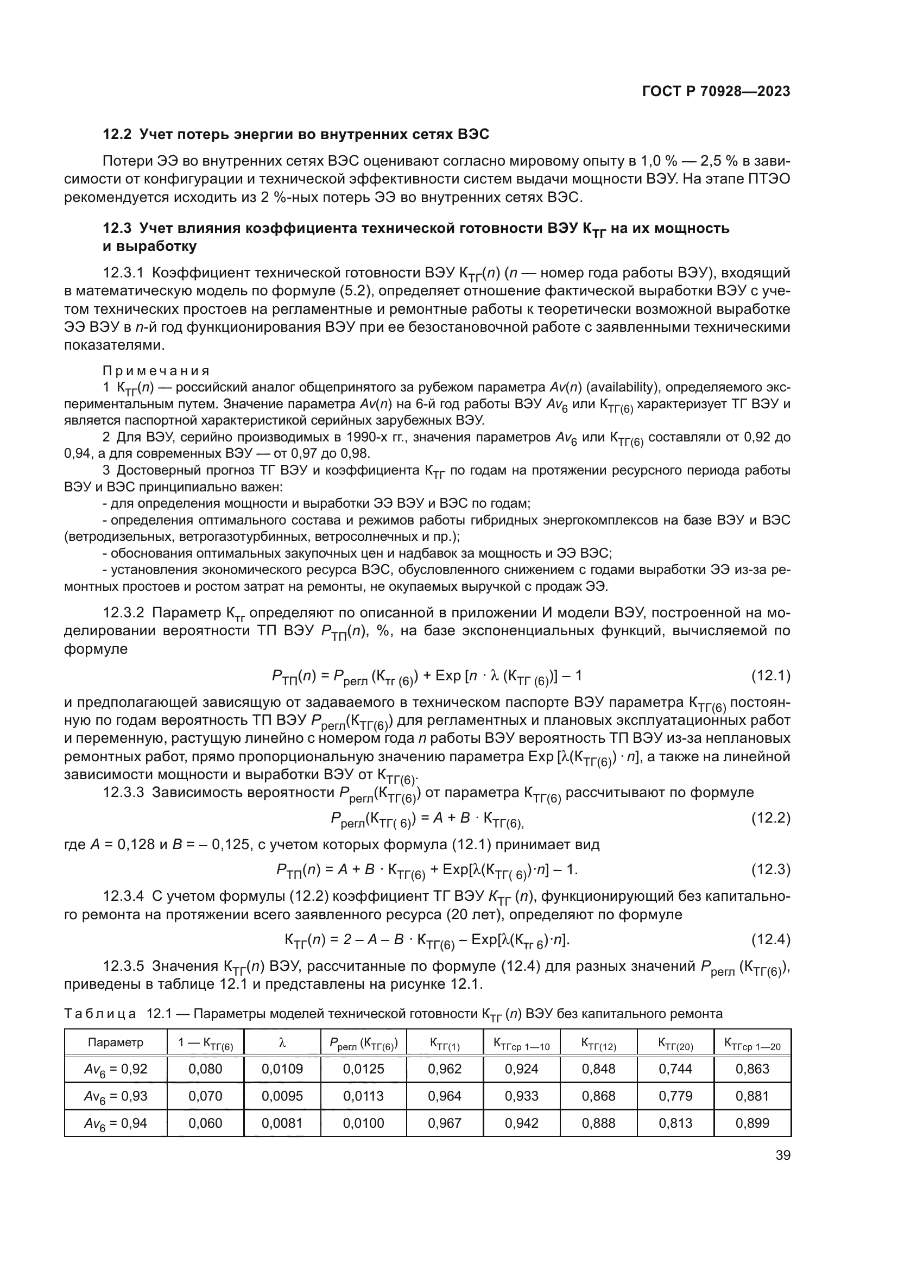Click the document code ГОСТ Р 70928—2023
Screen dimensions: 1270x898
click(716, 92)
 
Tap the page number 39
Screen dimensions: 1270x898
click(783, 1155)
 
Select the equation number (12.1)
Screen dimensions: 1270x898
click(770, 676)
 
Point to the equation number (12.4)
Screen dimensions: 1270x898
click(770, 939)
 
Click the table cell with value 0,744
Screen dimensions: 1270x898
click(675, 1069)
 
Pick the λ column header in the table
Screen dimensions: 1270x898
click(282, 1042)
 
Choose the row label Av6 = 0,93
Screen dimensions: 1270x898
click(116, 1096)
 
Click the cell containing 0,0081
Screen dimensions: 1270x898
click(282, 1123)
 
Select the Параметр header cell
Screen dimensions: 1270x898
click(116, 1042)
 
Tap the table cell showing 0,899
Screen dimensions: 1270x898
click(752, 1123)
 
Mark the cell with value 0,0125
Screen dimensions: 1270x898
click(363, 1069)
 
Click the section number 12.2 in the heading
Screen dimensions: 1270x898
click(116, 135)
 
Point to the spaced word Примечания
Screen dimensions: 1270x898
click(156, 371)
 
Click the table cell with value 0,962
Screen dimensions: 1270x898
click(445, 1069)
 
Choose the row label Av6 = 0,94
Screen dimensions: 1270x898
click(116, 1123)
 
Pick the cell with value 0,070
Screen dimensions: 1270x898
click(205, 1096)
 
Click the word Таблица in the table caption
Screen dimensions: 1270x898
click(100, 1014)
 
